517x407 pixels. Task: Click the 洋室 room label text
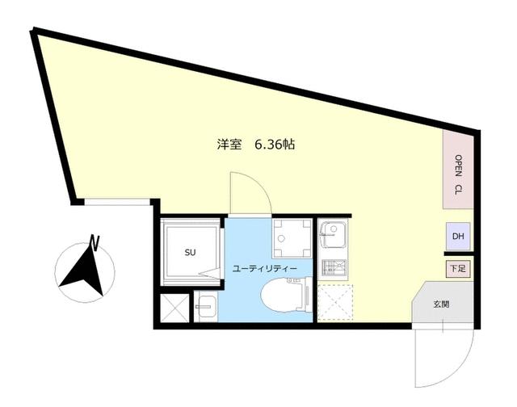point(229,145)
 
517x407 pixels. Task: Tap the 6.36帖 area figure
point(274,145)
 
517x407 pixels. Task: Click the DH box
point(458,237)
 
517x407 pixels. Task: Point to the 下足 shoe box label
point(457,268)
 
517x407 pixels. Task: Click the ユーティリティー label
point(265,267)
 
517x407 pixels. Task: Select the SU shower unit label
point(191,253)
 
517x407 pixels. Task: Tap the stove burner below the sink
point(332,268)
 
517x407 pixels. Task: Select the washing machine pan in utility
point(290,235)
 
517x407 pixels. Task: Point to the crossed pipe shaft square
point(174,308)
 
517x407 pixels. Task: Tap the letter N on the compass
point(95,240)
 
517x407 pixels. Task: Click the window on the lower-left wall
point(118,202)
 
